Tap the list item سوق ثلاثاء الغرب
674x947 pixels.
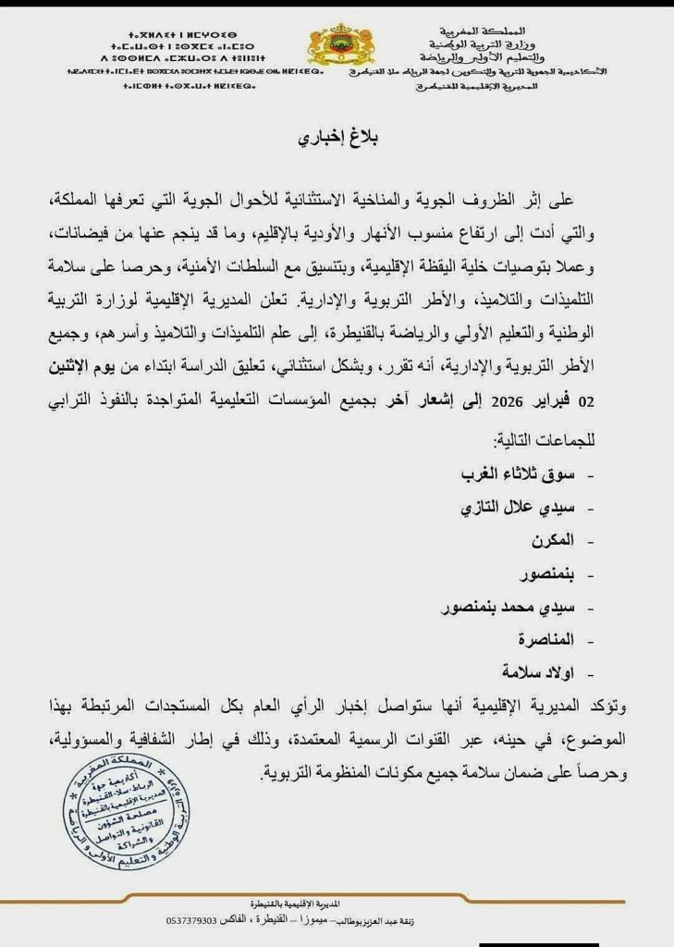[518, 474]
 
